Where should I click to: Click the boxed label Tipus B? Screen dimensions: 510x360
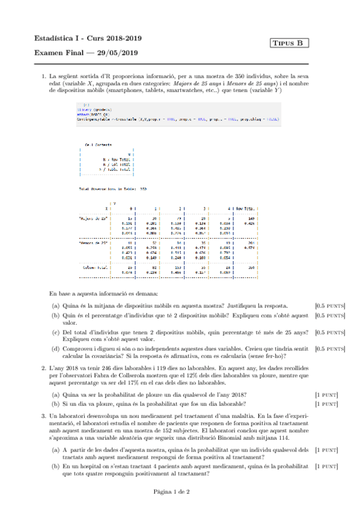pyautogui.click(x=291, y=43)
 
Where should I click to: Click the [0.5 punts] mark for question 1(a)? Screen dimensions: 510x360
pyautogui.click(x=330, y=305)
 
